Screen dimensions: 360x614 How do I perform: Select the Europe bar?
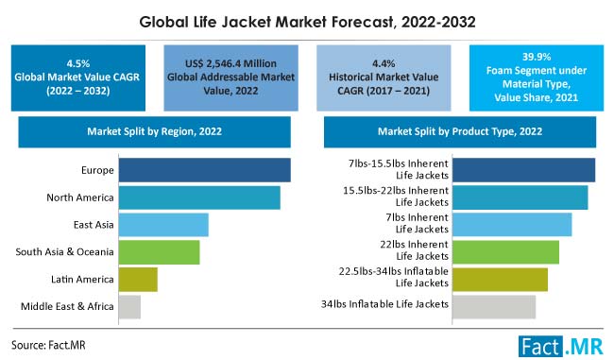[x=203, y=170]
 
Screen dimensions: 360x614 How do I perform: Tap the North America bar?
[x=197, y=197]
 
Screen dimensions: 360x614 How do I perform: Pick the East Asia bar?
[x=162, y=225]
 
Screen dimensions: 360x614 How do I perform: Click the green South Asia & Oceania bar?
[x=158, y=252]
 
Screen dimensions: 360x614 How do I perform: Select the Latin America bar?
[x=137, y=280]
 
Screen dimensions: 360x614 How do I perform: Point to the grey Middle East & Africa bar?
[x=128, y=306]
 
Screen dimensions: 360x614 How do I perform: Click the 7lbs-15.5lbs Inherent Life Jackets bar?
[x=523, y=170]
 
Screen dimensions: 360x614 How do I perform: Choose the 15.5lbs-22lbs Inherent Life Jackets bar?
[x=520, y=197]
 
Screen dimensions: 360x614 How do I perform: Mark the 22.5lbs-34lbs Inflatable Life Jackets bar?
[x=500, y=280]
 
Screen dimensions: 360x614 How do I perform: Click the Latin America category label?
[x=82, y=280]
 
